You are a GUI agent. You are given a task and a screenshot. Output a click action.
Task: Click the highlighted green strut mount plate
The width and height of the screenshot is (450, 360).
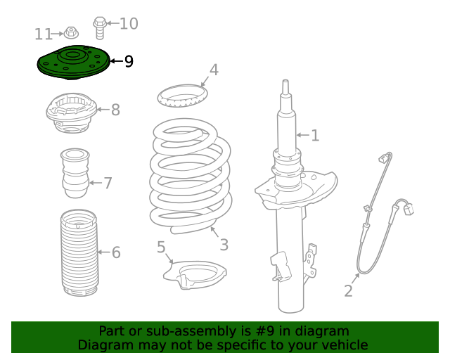[72, 62]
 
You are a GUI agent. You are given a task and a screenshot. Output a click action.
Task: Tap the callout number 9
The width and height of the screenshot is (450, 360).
[129, 62]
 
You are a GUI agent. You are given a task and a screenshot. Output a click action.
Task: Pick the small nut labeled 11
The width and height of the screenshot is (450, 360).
[70, 32]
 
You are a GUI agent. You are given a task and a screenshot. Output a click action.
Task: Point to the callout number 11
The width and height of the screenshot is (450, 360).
[44, 34]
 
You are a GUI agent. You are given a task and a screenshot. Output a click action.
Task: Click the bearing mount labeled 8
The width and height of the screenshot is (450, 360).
[70, 115]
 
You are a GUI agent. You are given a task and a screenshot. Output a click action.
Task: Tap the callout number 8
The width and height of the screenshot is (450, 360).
[115, 110]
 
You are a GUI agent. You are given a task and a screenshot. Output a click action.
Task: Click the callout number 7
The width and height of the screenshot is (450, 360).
[108, 184]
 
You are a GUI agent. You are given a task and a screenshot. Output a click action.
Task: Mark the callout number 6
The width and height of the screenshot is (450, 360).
[116, 252]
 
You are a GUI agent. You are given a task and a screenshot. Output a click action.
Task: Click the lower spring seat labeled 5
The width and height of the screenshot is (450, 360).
[199, 276]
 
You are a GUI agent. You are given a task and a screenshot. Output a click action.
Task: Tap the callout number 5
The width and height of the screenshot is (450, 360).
[161, 247]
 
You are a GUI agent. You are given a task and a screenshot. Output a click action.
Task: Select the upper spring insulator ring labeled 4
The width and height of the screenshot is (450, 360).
[181, 96]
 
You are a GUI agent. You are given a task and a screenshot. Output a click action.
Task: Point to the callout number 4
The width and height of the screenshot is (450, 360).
[214, 70]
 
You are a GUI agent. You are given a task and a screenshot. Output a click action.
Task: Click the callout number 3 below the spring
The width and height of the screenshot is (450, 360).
[224, 245]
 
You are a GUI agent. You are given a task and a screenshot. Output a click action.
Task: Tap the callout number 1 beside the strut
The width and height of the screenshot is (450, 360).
[315, 135]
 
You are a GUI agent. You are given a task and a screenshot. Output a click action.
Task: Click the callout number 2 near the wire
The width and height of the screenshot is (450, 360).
[348, 291]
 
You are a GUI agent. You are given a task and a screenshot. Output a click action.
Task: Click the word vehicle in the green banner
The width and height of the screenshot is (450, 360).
[343, 345]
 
